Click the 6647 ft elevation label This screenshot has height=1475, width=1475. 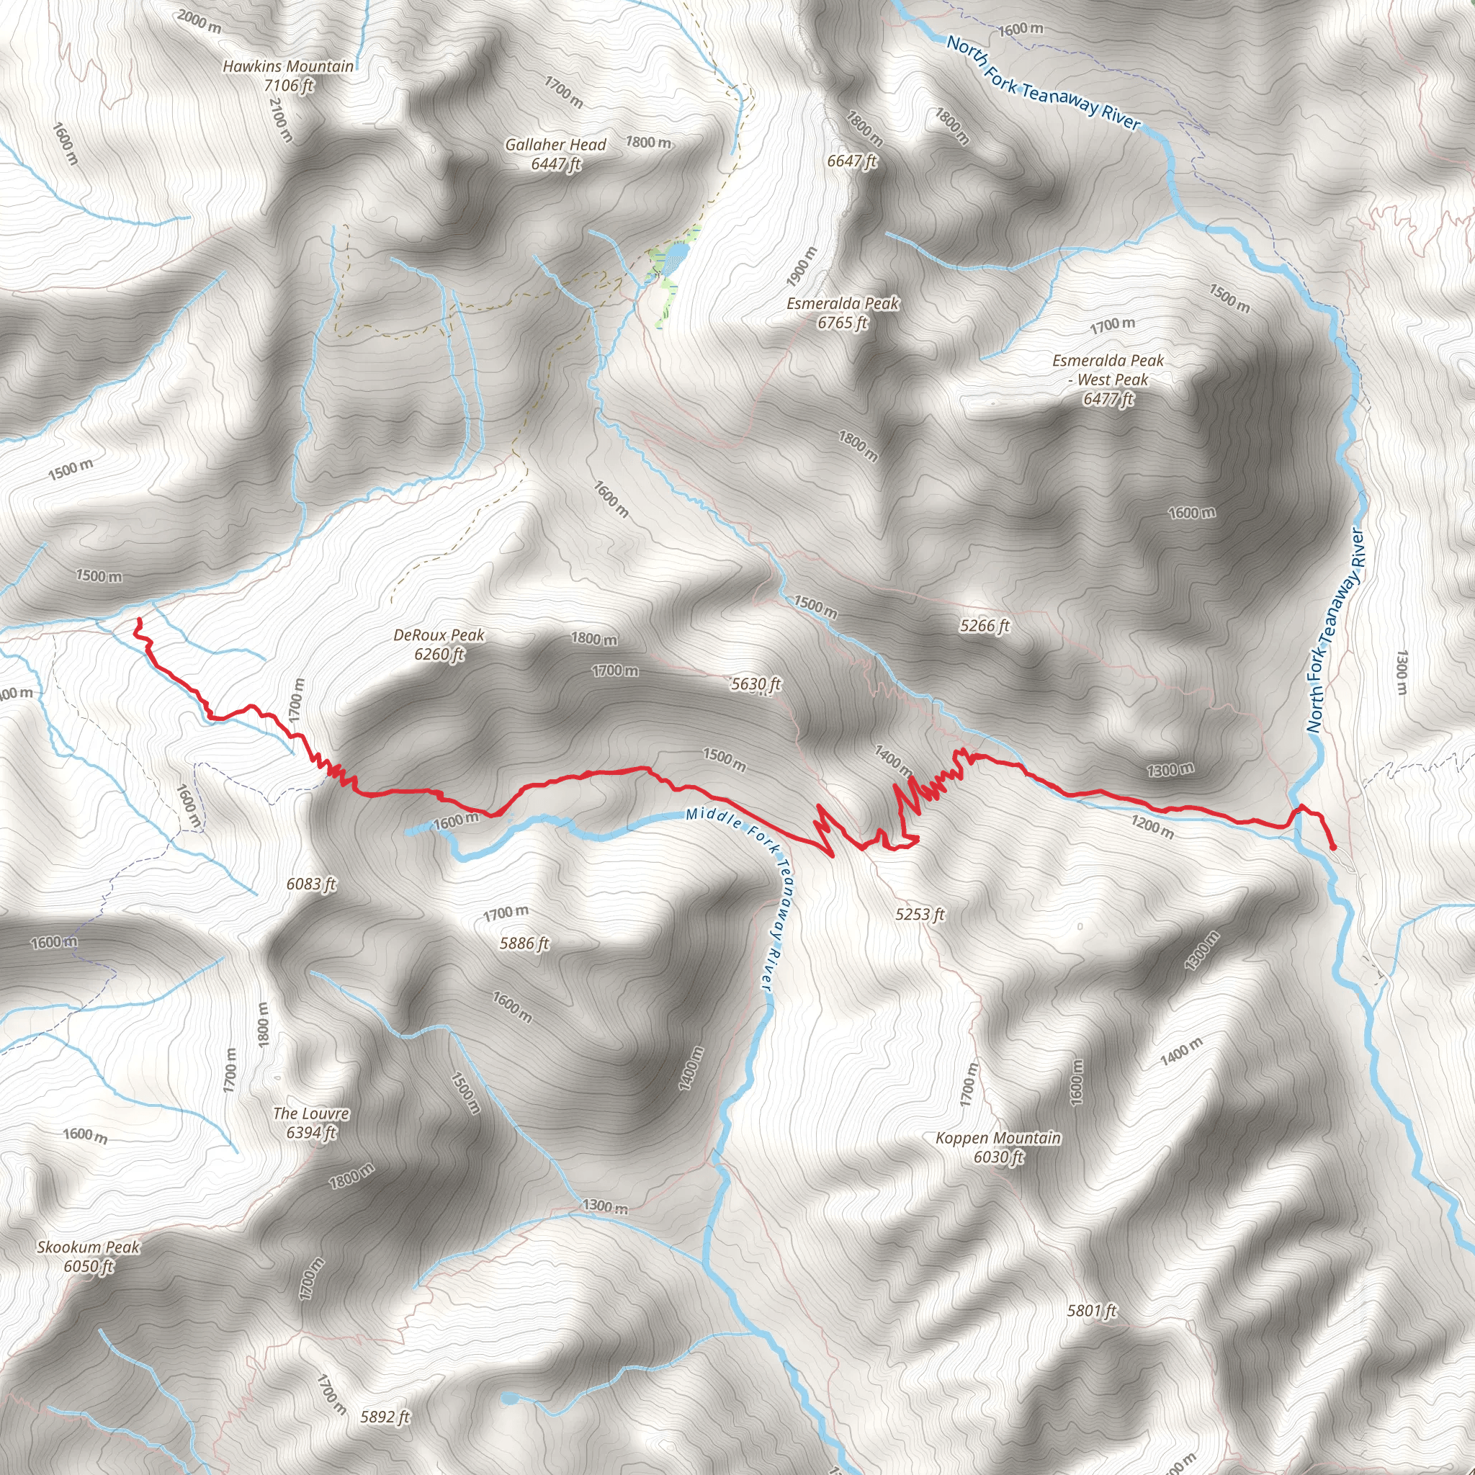click(x=852, y=161)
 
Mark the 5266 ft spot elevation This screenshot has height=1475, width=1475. click(x=985, y=626)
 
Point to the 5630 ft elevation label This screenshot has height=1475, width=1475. click(x=756, y=684)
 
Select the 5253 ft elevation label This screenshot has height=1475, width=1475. click(x=920, y=914)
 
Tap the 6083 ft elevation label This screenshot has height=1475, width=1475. click(x=310, y=884)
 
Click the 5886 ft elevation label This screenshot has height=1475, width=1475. click(x=524, y=943)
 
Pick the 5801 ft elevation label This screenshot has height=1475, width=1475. click(x=1092, y=1311)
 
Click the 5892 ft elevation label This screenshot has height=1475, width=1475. click(x=385, y=1417)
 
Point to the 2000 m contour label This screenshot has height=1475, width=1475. click(x=199, y=21)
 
